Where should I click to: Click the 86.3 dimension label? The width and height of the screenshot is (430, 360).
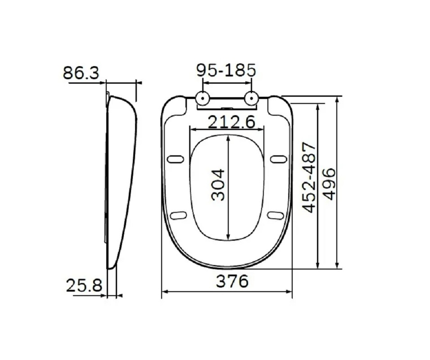[81, 73]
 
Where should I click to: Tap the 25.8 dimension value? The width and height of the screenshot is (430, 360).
[84, 285]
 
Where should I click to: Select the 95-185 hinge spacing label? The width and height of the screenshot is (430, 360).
[226, 70]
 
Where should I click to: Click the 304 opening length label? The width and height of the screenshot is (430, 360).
[218, 185]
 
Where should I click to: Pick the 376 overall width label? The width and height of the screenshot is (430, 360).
[232, 281]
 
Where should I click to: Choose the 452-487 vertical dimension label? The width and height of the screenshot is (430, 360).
[309, 178]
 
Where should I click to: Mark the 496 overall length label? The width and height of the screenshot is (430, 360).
[329, 184]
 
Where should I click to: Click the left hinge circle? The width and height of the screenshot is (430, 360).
[203, 99]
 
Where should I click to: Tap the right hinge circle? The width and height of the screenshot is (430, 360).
[251, 99]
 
